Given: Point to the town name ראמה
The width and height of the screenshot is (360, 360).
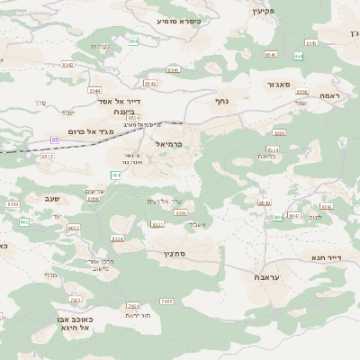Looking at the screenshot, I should [x=330, y=95].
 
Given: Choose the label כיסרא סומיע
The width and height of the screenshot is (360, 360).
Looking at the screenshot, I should [x=179, y=20].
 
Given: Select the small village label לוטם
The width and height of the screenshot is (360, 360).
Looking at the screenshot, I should [x=314, y=218].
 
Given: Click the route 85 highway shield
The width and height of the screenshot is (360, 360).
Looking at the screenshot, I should [x=55, y=140].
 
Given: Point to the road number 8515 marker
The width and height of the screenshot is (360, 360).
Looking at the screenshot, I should [x=47, y=156].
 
